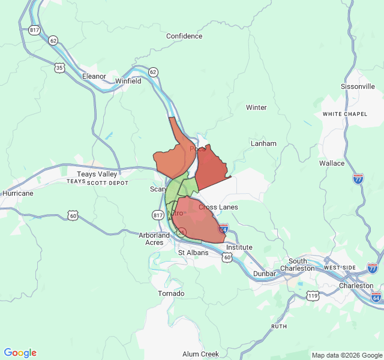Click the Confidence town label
tap(184, 36)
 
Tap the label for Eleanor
tap(94, 76)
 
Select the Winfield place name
tap(128, 81)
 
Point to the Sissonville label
tap(358, 86)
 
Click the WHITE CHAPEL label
tap(344, 114)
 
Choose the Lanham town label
tap(263, 143)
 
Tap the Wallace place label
tap(332, 163)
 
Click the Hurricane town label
tap(18, 194)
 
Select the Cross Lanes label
tap(218, 207)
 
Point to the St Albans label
tap(193, 253)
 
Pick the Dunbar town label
tap(265, 274)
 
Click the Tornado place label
tap(171, 293)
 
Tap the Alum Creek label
tap(200, 354)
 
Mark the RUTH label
tap(279, 326)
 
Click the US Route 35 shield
tap(59, 68)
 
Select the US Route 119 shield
tap(312, 295)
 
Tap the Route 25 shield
tap(182, 232)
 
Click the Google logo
tap(20, 353)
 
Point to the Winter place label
tap(256, 107)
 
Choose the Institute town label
tap(239, 247)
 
